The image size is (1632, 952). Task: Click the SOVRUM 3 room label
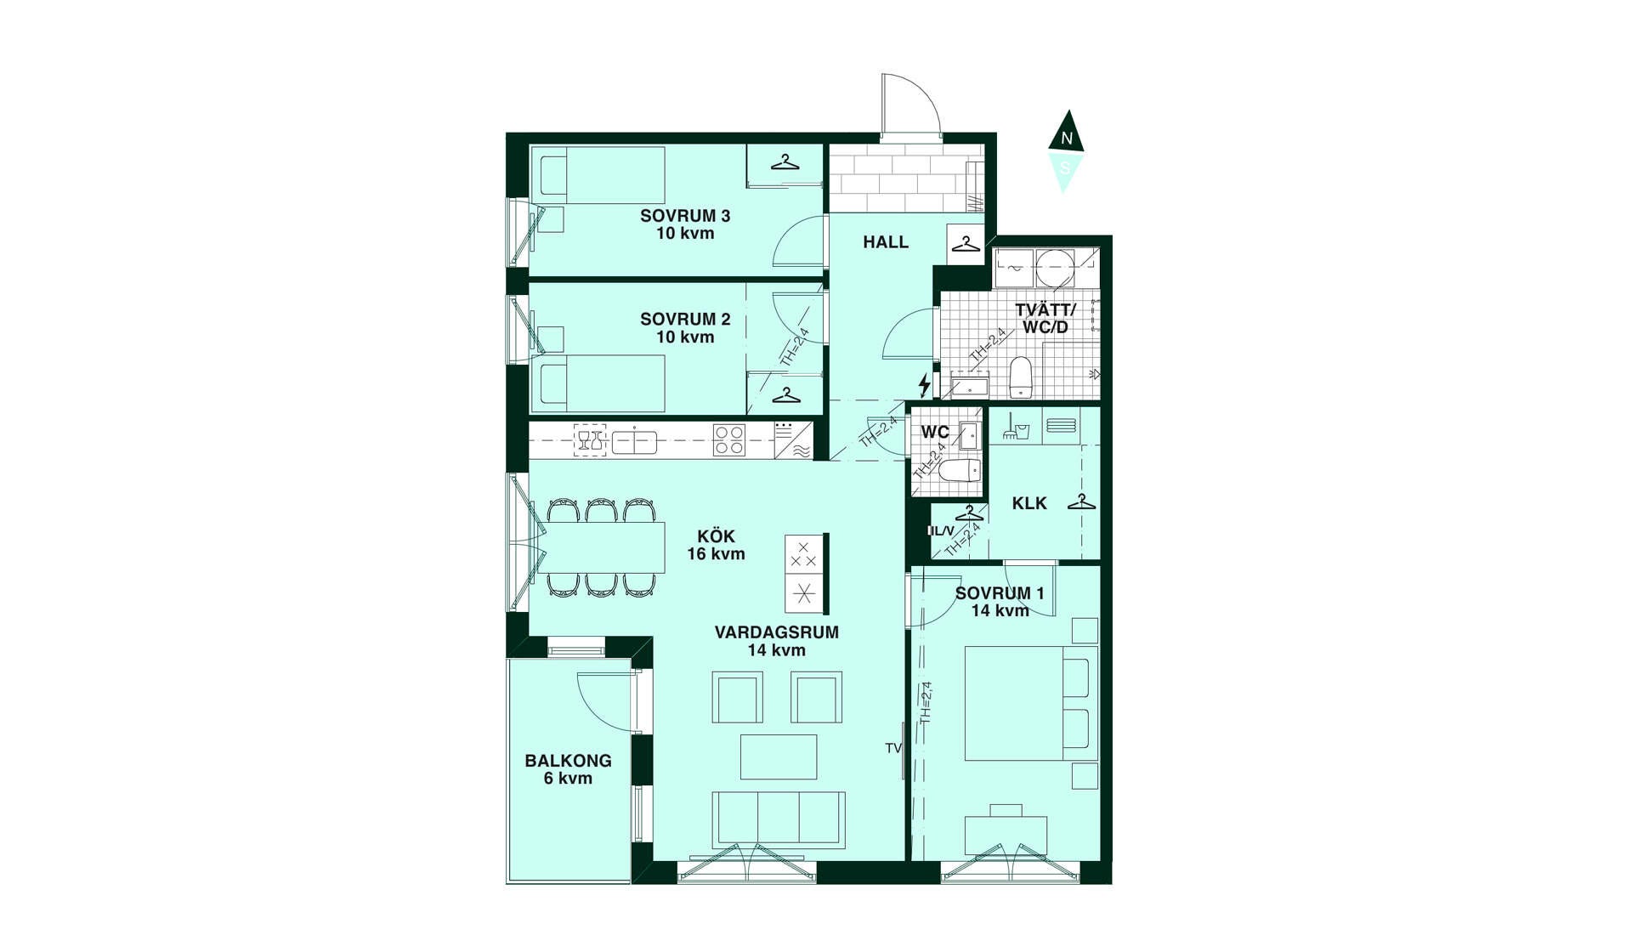pos(685,216)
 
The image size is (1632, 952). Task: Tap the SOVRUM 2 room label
pos(685,320)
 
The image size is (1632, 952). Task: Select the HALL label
pos(886,242)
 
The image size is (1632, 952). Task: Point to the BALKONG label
pos(568,761)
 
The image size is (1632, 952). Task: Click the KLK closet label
pos(1029,503)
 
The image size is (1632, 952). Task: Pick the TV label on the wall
pos(892,748)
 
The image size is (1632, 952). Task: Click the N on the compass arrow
pos(1067,138)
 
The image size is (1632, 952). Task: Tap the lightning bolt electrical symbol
pos(925,384)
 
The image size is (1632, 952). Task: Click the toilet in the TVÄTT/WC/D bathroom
pos(1021,377)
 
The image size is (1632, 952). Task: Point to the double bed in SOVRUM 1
pos(1031,703)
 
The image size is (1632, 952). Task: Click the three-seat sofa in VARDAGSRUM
pos(779,819)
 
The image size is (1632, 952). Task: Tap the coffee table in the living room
pos(779,756)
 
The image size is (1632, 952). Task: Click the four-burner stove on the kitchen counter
pos(729,440)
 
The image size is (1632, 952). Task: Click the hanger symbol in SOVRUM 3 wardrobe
pos(785,161)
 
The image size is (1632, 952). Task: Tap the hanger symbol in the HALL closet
pos(966,244)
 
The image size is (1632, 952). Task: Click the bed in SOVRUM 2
pos(603,383)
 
